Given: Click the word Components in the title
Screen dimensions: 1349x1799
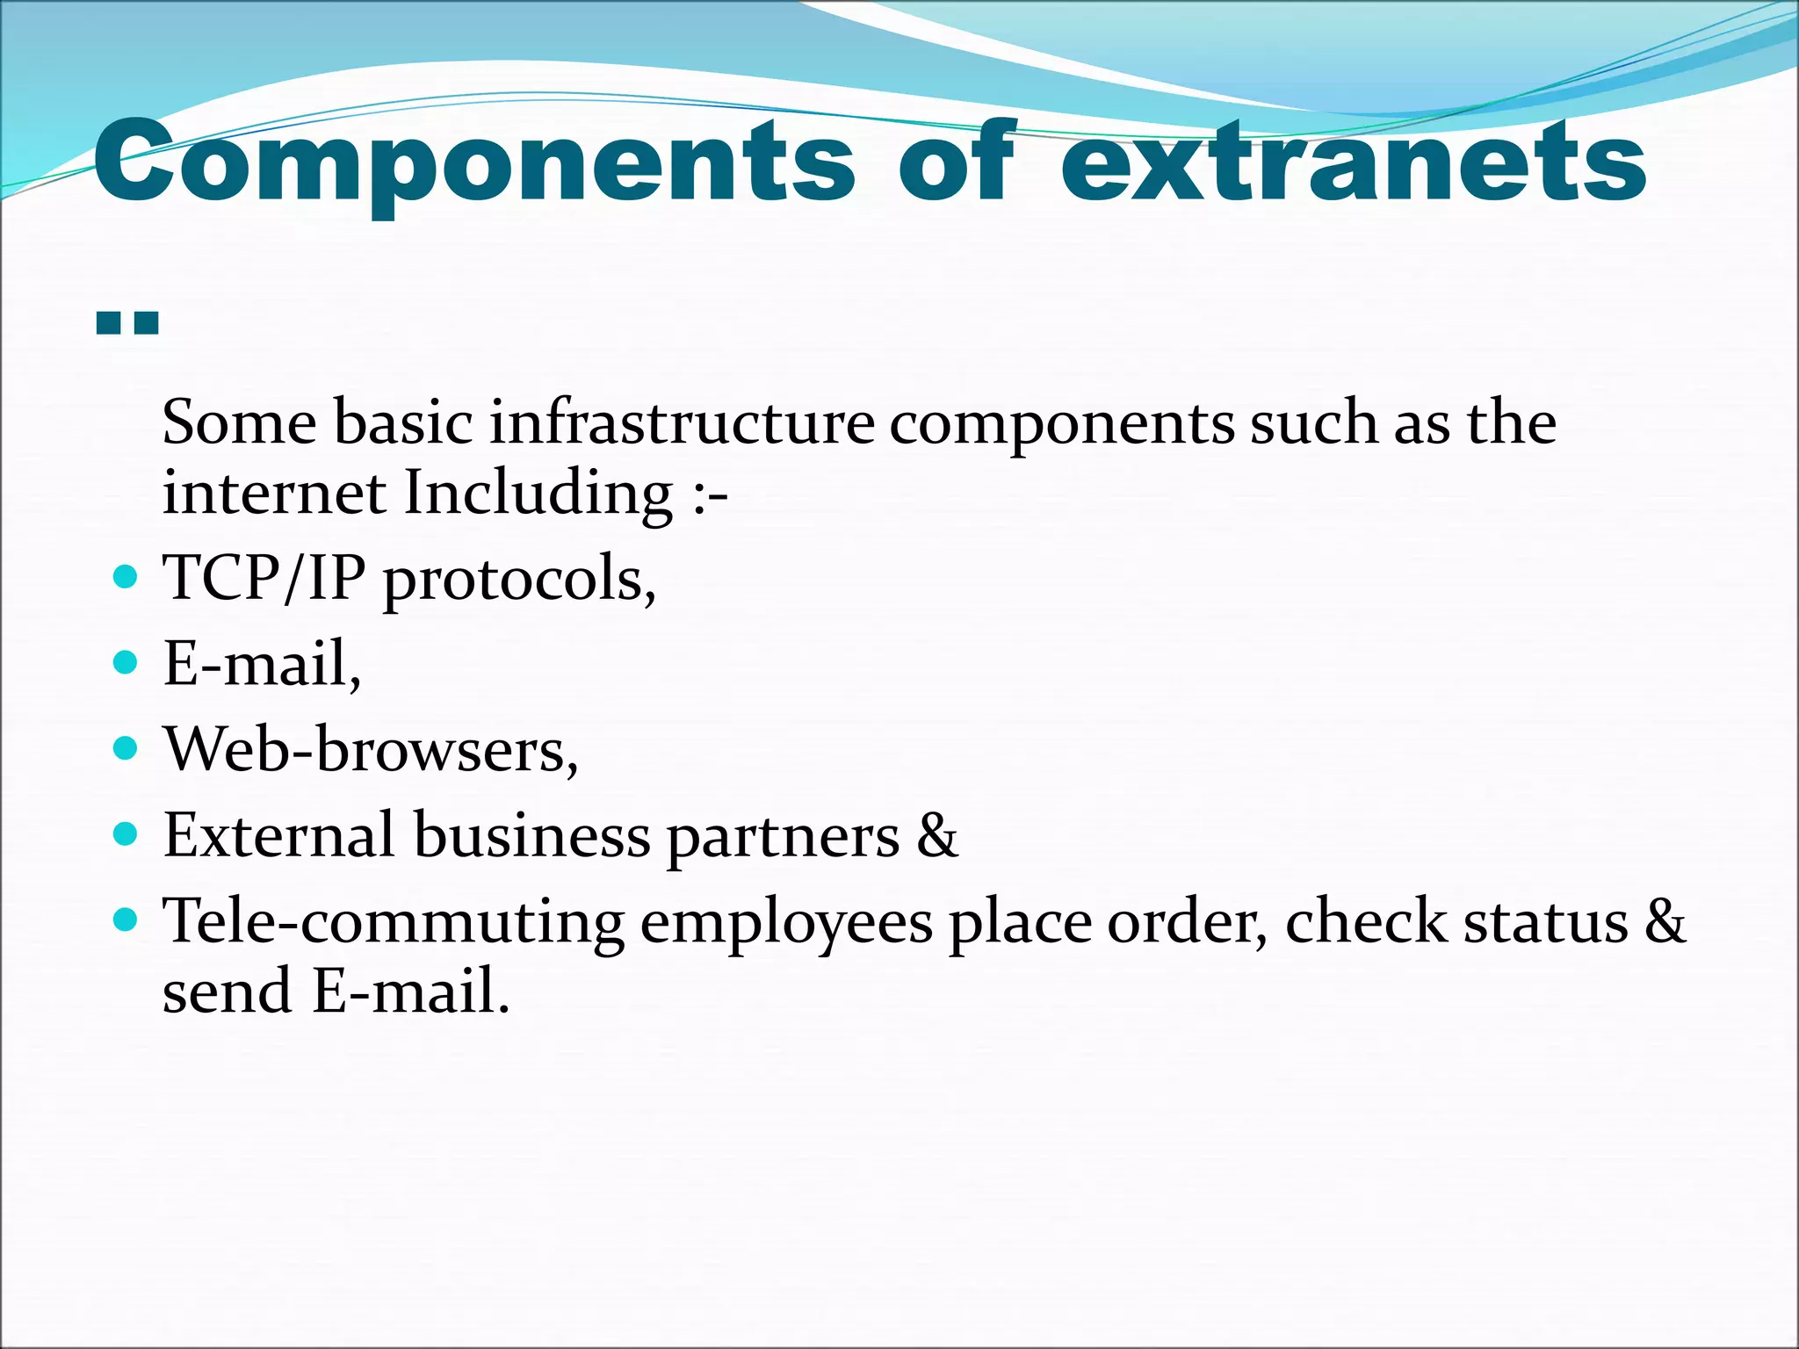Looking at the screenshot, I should [x=474, y=162].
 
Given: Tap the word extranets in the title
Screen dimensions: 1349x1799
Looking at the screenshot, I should [x=1353, y=162].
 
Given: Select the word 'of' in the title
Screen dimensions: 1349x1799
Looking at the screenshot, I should [x=956, y=162].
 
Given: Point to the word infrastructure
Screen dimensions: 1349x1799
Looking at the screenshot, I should [x=682, y=423].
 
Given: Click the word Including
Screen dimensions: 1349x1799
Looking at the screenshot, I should [x=538, y=494].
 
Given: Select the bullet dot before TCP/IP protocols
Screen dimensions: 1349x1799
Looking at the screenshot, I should [x=126, y=577].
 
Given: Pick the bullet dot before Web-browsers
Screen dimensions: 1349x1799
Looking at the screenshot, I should [x=126, y=748].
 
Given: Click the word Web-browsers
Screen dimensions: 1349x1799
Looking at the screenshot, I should [x=371, y=751].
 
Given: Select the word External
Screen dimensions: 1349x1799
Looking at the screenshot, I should [x=278, y=835].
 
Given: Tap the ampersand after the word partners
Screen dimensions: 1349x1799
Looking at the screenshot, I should [x=936, y=835].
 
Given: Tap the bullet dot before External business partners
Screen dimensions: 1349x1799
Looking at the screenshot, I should [x=126, y=833].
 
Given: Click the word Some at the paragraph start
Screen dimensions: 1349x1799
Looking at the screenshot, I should [x=239, y=423].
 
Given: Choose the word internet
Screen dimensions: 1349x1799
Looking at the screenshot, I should [x=274, y=494].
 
